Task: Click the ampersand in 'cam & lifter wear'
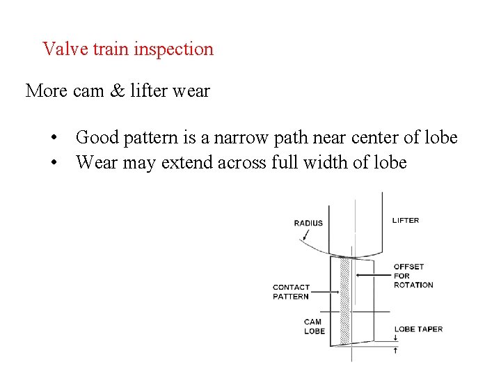[116, 91]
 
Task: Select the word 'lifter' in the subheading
[148, 91]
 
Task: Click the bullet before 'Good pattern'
[54, 138]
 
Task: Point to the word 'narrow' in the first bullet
[244, 138]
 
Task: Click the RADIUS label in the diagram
[308, 223]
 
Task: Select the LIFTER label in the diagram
[406, 220]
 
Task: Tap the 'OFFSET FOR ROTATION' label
[413, 276]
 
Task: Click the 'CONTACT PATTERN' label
[291, 292]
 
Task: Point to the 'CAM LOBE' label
[314, 326]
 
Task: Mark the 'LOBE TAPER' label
[418, 329]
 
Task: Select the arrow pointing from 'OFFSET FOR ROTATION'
[372, 276]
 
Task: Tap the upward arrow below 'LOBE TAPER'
[395, 350]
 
